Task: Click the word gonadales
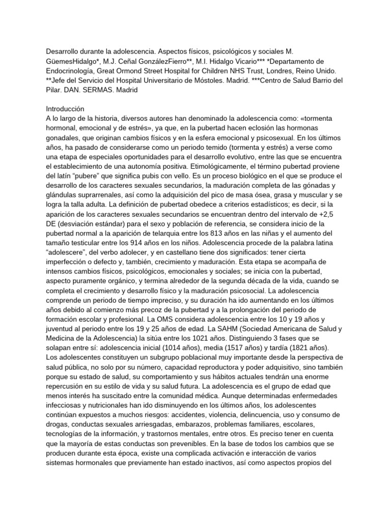[x=65, y=138]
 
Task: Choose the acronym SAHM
[x=247, y=332]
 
